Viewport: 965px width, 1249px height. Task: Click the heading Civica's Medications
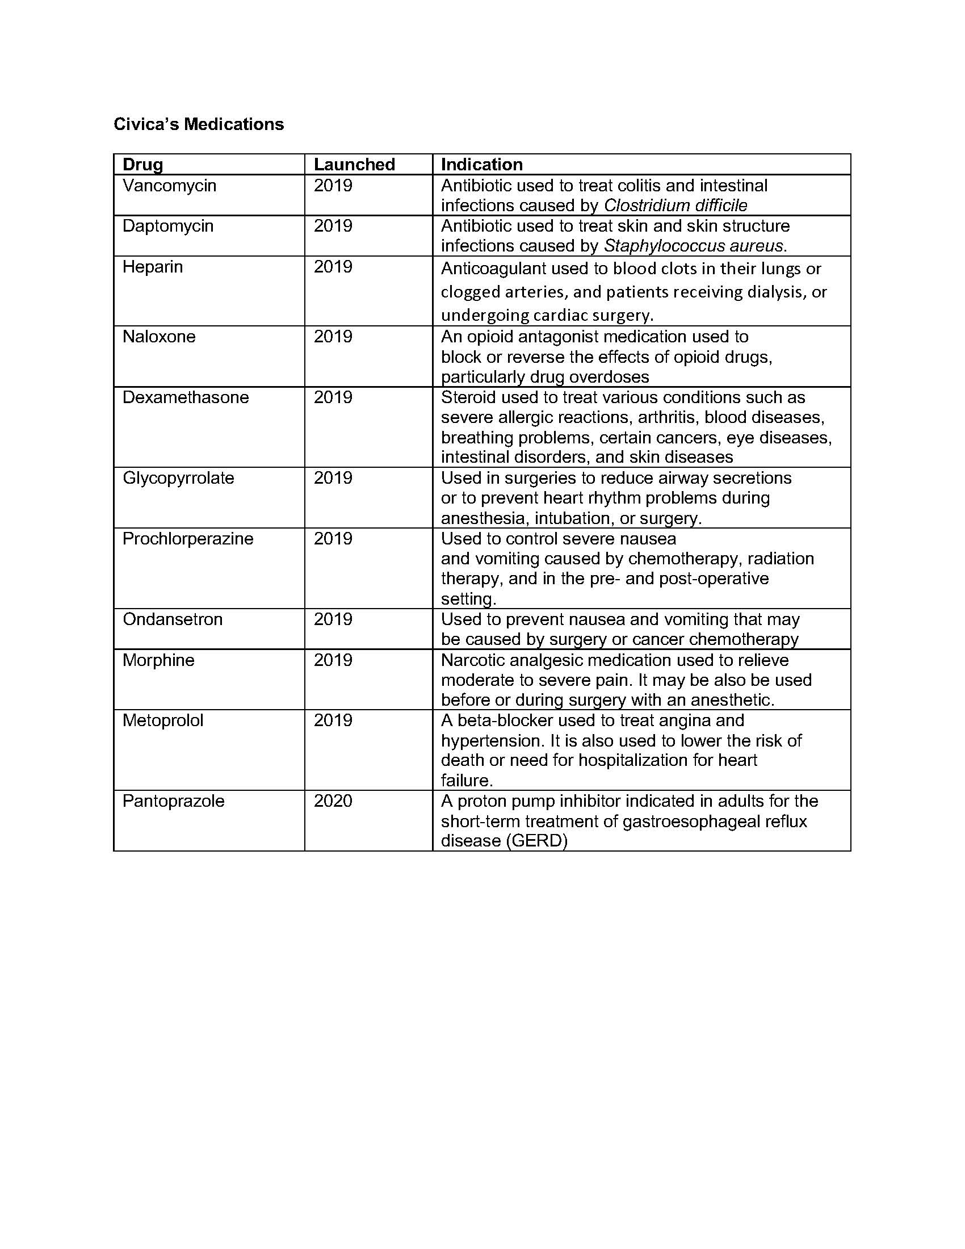click(198, 124)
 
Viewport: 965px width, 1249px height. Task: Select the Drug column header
click(143, 165)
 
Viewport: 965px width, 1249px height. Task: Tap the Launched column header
click(354, 165)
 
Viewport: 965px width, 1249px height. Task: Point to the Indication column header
click(482, 165)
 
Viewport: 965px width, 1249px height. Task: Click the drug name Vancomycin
click(169, 186)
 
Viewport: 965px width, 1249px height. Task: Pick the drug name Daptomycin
click(168, 226)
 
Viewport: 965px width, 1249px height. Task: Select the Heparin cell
click(153, 267)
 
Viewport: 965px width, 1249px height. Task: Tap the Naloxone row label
click(159, 336)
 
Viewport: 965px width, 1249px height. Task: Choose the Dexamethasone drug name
click(186, 397)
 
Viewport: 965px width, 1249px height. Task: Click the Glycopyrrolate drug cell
click(178, 478)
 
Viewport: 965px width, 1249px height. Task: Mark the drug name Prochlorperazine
click(188, 539)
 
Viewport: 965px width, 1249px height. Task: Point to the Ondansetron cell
click(173, 619)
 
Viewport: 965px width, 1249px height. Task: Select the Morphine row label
click(158, 660)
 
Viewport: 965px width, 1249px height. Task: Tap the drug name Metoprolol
click(163, 720)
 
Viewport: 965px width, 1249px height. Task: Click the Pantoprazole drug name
click(173, 801)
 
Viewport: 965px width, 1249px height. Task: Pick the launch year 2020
click(333, 801)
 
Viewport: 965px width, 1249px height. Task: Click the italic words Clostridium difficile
click(675, 206)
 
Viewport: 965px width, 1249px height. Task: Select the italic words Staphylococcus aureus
click(694, 246)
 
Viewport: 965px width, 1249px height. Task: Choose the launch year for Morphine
click(333, 660)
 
